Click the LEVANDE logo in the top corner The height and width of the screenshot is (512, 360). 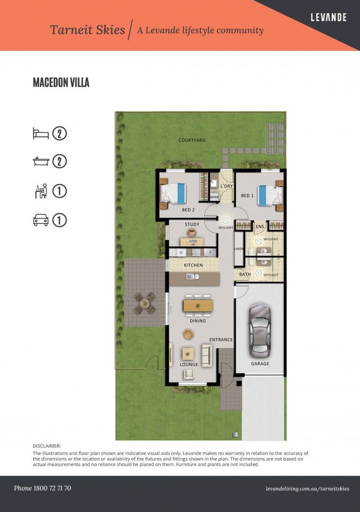(x=328, y=18)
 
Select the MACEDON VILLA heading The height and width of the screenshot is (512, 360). (x=61, y=82)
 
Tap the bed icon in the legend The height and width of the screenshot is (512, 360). (x=40, y=133)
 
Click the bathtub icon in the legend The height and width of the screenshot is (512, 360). (x=40, y=162)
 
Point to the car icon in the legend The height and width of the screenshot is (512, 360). (x=40, y=220)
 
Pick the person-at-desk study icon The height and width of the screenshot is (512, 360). (x=40, y=191)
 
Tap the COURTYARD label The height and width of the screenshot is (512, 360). (x=192, y=140)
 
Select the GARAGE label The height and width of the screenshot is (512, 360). (x=260, y=364)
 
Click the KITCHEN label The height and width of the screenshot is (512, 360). (x=193, y=265)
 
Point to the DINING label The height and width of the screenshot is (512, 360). (x=198, y=321)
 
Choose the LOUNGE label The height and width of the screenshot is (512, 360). (x=189, y=365)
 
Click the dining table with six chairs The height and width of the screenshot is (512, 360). (x=198, y=306)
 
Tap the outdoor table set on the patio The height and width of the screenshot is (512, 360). (x=144, y=303)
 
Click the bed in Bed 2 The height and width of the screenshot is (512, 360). (x=173, y=193)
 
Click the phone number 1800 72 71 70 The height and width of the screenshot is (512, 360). (x=43, y=488)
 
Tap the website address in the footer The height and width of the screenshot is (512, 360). (x=307, y=488)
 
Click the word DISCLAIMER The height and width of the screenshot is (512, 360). (x=47, y=446)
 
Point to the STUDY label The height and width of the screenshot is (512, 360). (x=192, y=225)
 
